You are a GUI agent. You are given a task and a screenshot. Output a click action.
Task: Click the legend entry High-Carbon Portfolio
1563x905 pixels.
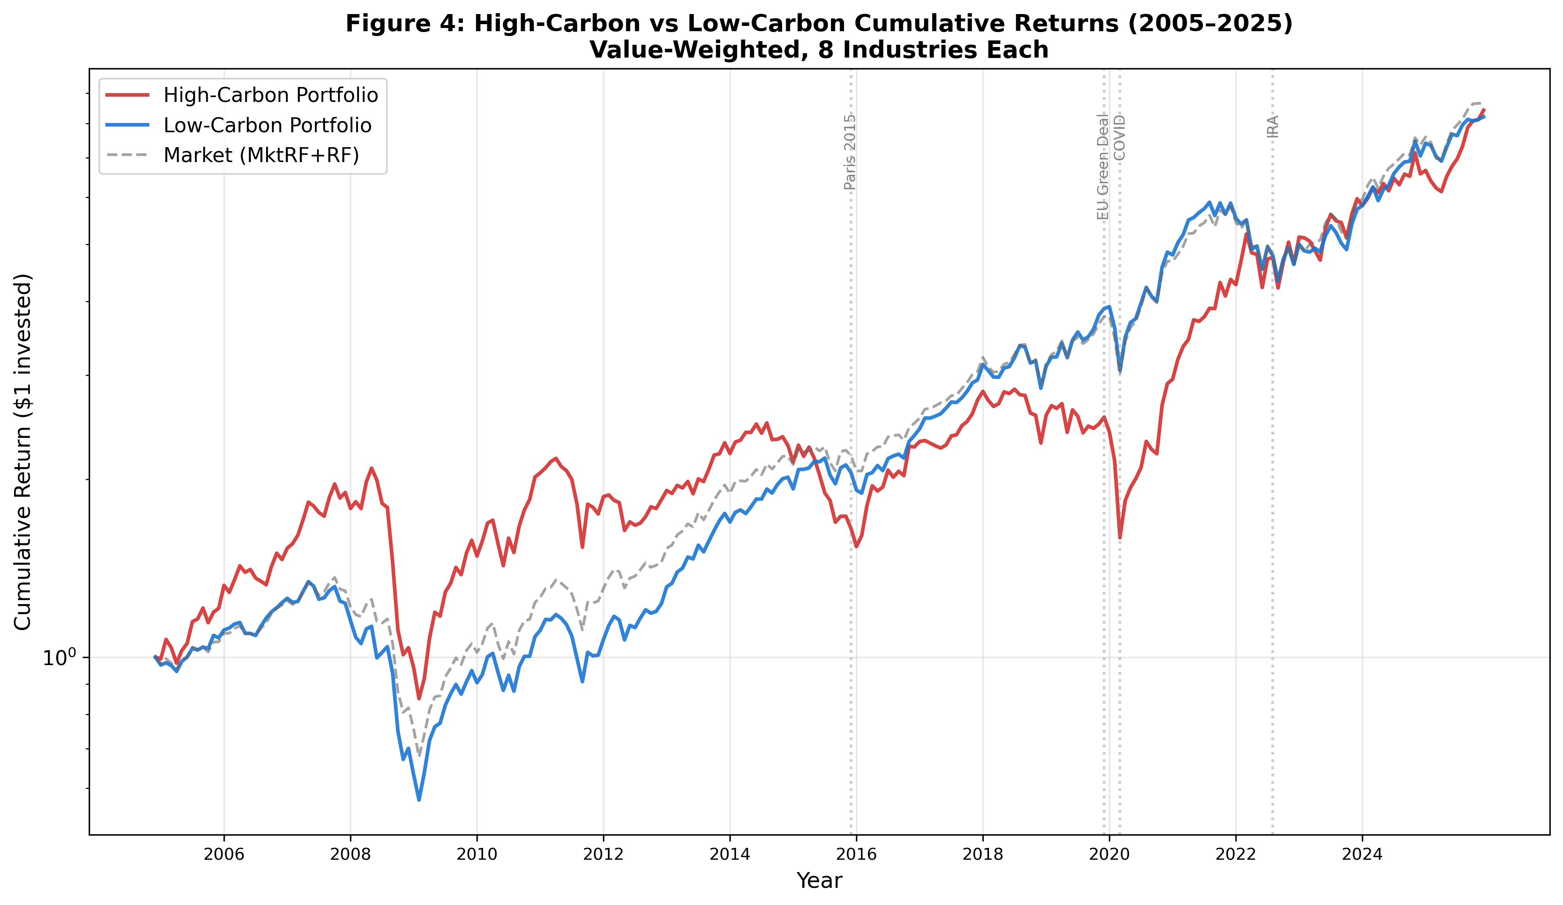point(271,95)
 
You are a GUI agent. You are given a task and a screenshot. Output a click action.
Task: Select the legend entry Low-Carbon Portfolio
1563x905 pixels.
point(267,125)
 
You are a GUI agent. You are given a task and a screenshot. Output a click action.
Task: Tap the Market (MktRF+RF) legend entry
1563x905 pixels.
point(261,155)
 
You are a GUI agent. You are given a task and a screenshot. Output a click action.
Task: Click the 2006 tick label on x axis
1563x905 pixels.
point(224,854)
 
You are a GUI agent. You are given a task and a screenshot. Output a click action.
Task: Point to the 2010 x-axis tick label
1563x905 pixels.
point(477,854)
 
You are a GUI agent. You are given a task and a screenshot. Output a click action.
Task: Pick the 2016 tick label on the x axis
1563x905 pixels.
point(856,854)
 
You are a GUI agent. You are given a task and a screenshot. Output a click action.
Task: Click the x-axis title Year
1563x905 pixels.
point(819,881)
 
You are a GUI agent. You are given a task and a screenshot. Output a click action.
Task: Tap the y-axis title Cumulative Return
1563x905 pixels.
point(22,452)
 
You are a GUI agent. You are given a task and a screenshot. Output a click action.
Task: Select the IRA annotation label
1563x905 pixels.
point(1273,126)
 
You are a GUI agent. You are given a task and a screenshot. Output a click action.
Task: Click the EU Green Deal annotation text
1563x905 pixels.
point(1102,167)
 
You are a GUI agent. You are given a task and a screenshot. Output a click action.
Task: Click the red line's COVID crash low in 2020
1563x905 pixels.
point(1120,538)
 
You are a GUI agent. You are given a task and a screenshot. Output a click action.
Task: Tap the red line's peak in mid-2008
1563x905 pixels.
point(371,468)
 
